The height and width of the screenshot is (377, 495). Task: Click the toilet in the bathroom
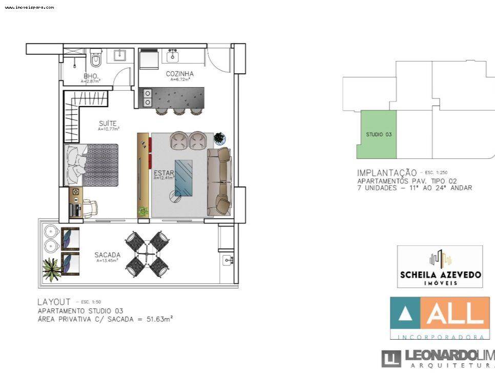point(96,60)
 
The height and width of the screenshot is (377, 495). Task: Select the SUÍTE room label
point(108,123)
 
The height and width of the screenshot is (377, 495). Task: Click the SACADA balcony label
point(107,255)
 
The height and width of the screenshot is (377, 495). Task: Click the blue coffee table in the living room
point(183,178)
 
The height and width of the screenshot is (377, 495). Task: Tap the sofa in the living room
point(219,181)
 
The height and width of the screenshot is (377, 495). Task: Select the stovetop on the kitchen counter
point(148,97)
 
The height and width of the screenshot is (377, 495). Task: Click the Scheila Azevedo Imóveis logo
point(440,266)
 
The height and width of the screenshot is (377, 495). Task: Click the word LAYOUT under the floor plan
point(54,302)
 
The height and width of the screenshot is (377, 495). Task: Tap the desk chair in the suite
point(91,206)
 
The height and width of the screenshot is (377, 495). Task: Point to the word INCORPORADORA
point(439,337)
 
